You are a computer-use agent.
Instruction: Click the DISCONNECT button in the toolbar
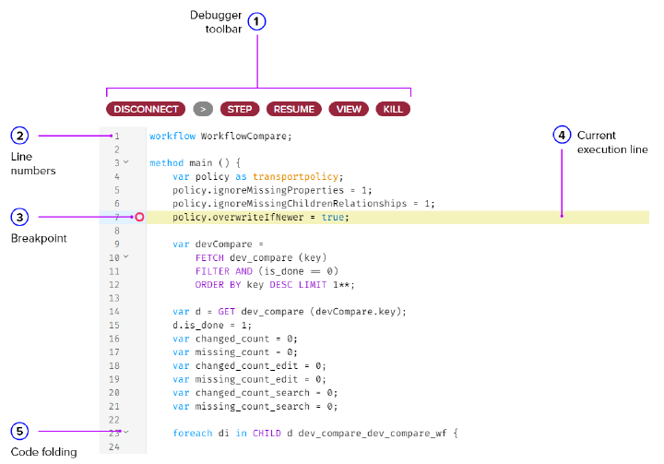146,109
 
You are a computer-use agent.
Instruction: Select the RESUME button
293,109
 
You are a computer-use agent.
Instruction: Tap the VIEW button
349,109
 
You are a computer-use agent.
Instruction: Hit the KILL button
393,109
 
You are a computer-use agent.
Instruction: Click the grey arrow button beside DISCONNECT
203,109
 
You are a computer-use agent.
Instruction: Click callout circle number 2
20,136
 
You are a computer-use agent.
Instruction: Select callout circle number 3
20,217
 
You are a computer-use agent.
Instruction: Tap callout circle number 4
563,136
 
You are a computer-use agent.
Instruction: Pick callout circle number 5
20,431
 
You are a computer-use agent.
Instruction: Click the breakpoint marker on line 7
139,217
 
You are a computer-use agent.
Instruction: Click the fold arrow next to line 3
126,162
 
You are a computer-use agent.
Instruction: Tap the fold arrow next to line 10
126,257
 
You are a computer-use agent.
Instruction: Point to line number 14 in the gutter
116,312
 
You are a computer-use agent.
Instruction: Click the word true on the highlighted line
334,217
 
